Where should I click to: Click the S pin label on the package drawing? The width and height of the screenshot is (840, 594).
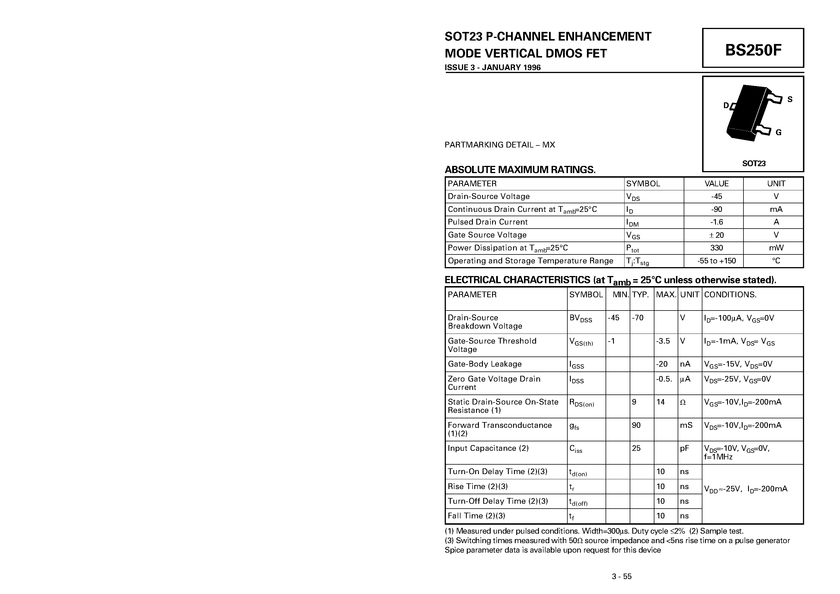pyautogui.click(x=790, y=99)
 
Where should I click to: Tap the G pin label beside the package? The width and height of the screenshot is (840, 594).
pyautogui.click(x=779, y=132)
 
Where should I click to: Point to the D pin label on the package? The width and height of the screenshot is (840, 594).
pyautogui.click(x=726, y=106)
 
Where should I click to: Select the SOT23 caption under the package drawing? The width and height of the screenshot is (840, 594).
pyautogui.click(x=754, y=163)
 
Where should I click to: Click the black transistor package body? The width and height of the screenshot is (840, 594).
pyautogui.click(x=746, y=112)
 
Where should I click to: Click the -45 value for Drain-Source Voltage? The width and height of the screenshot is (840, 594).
pyautogui.click(x=716, y=196)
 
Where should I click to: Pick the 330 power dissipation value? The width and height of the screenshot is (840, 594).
pyautogui.click(x=716, y=248)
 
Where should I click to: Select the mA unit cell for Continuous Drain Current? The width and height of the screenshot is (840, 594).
pyautogui.click(x=776, y=209)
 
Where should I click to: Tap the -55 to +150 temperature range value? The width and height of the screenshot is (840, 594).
pyautogui.click(x=716, y=261)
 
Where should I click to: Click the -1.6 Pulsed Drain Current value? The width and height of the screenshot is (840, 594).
pyautogui.click(x=716, y=222)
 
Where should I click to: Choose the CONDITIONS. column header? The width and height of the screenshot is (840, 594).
pyautogui.click(x=730, y=294)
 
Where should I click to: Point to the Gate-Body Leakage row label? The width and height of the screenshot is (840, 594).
pyautogui.click(x=484, y=364)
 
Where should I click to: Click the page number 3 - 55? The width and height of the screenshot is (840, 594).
pyautogui.click(x=622, y=576)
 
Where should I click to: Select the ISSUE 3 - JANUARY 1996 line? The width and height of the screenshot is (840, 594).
pyautogui.click(x=492, y=67)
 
